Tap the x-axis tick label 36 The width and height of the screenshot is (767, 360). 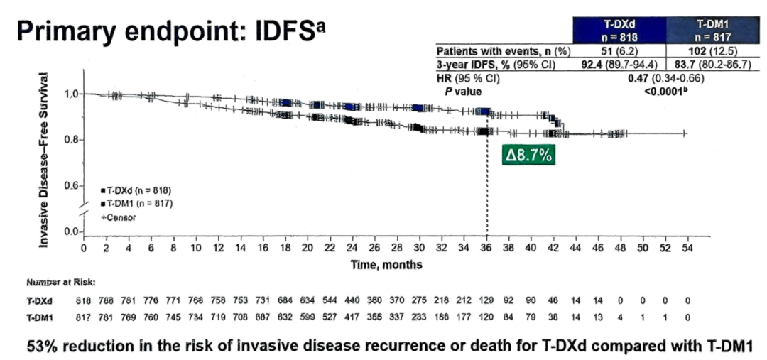click(x=486, y=248)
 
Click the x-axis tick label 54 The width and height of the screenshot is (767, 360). click(x=687, y=248)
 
